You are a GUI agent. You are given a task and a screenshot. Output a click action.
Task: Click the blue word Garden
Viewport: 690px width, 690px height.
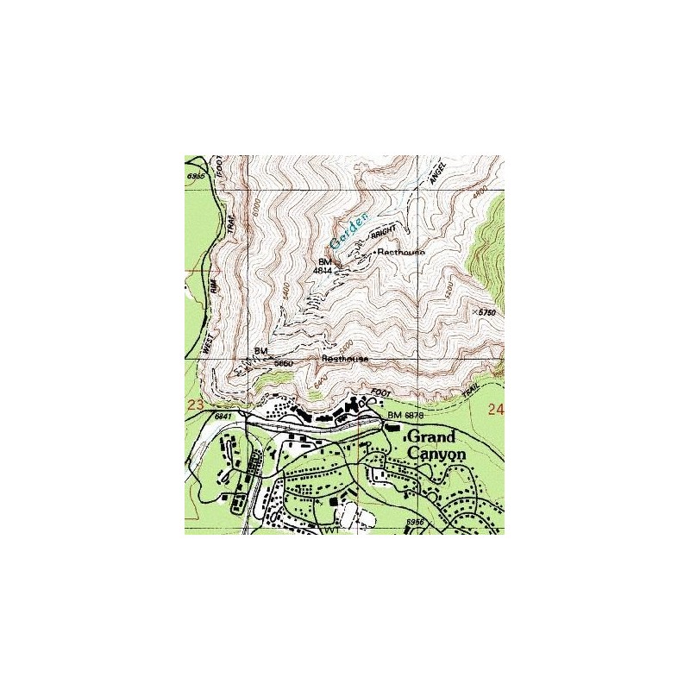[349, 226]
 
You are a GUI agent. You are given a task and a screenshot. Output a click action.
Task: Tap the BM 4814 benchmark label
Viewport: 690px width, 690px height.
[324, 266]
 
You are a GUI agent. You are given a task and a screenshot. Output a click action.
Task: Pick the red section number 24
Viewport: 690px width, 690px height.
[495, 409]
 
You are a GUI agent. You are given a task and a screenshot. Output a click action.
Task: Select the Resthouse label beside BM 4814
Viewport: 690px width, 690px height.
[400, 252]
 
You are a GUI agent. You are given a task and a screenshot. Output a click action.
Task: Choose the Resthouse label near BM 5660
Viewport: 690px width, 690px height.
[345, 358]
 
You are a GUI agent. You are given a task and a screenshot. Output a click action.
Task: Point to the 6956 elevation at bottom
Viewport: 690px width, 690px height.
[416, 522]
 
